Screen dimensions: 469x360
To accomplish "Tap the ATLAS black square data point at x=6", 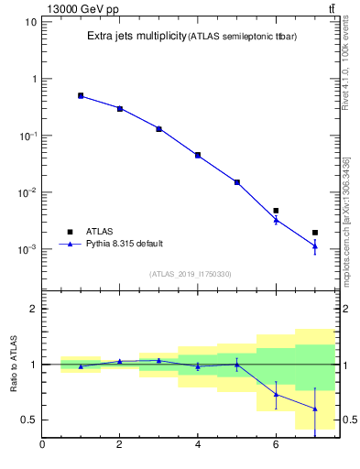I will click(x=276, y=211).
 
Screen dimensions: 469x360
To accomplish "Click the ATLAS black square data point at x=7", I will click(x=314, y=233).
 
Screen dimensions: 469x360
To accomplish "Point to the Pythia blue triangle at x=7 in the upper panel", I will click(x=314, y=245).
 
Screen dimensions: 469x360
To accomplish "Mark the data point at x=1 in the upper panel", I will click(x=81, y=95).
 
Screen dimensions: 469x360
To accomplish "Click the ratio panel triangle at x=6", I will click(x=276, y=394).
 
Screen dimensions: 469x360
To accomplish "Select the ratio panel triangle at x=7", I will click(x=314, y=409).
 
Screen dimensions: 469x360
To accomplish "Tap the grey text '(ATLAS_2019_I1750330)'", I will click(x=191, y=274).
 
